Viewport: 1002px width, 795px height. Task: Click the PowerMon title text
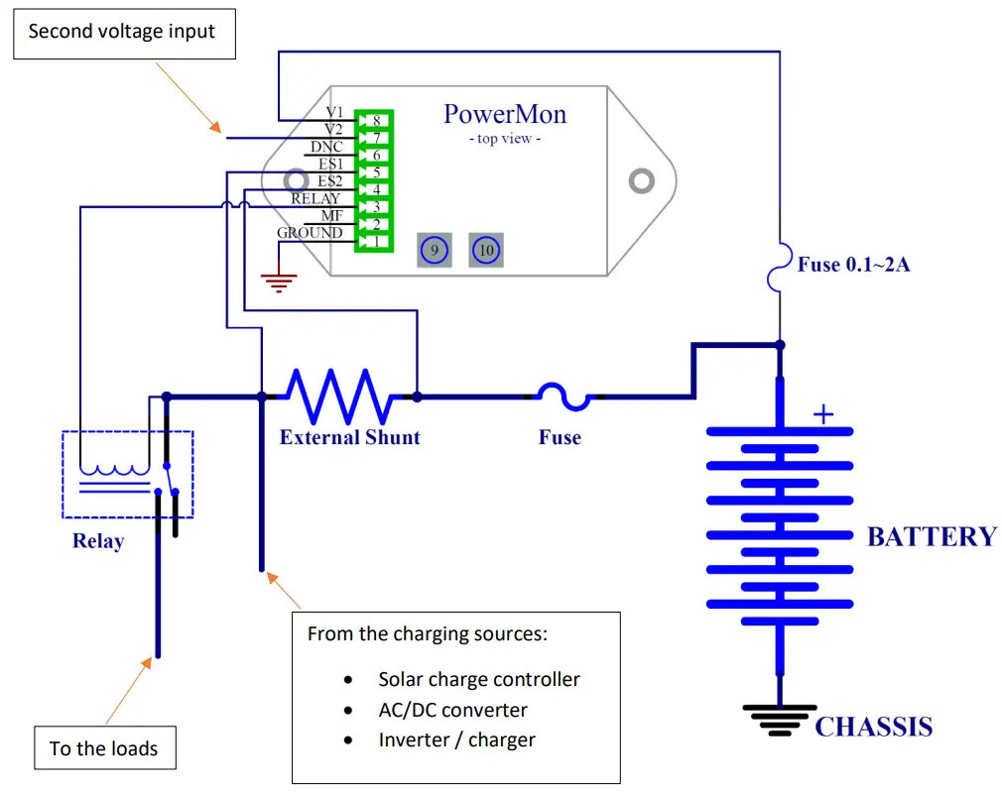point(504,113)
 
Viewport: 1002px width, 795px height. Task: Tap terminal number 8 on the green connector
point(376,120)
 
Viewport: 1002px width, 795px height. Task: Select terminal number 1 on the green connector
point(376,241)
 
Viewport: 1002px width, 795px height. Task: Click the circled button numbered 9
point(434,250)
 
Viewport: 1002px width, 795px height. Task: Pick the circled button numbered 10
point(485,250)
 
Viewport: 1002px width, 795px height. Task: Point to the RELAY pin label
point(315,199)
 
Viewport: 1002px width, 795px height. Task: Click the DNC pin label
point(326,147)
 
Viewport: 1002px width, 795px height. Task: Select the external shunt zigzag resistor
point(340,396)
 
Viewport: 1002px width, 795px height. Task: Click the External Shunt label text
point(349,437)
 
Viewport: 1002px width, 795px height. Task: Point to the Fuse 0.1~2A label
point(853,265)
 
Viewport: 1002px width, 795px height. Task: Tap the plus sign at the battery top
point(822,414)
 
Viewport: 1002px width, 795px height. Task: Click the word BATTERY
point(931,536)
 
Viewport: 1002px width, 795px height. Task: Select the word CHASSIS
point(873,727)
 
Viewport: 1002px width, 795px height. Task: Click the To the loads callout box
point(103,748)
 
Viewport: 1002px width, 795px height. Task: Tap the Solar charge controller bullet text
point(478,679)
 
